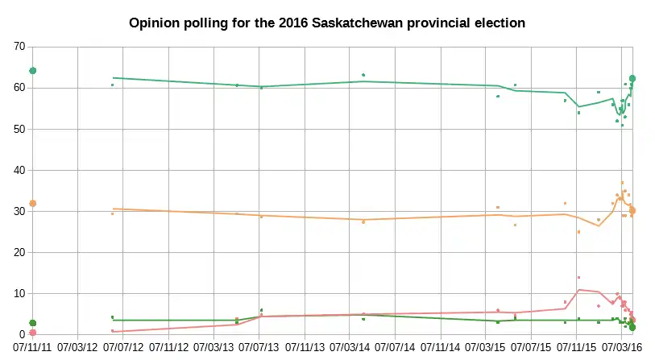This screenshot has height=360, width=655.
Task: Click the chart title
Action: point(327,23)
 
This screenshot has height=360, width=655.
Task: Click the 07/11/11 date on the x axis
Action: point(33,348)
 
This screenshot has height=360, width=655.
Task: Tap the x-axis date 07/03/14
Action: point(351,348)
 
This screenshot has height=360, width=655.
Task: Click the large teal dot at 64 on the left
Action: point(33,71)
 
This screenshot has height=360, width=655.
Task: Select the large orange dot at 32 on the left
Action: point(33,203)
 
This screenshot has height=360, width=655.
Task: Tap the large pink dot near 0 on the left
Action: point(33,333)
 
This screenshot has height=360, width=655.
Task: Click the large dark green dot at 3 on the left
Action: point(33,323)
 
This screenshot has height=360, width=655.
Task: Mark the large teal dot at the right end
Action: point(632,78)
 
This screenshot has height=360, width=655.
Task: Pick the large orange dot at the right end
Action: point(632,211)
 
